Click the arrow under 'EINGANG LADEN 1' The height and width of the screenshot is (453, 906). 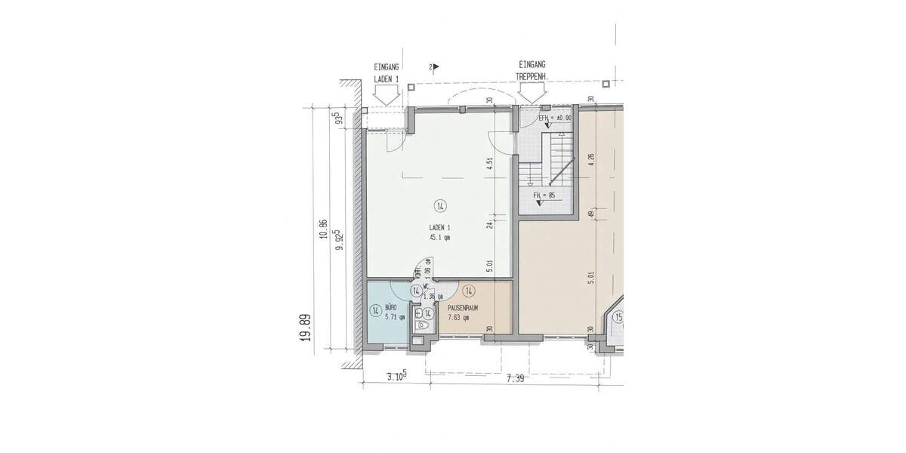(x=387, y=96)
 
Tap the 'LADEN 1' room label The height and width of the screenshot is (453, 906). (x=439, y=227)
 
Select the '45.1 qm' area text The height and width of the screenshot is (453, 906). (x=439, y=237)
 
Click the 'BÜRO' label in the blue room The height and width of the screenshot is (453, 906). (x=391, y=308)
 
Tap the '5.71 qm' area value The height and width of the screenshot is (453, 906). (x=394, y=318)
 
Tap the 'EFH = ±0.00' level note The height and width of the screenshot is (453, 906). (x=555, y=119)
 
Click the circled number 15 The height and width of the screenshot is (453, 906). (x=618, y=316)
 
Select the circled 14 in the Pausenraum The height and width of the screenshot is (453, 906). (x=468, y=291)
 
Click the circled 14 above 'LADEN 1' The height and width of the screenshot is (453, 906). (x=439, y=205)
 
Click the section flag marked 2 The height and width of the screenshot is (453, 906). (x=433, y=67)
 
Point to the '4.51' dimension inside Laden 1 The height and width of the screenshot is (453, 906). (x=490, y=165)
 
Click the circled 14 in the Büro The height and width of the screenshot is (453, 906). (x=374, y=310)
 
